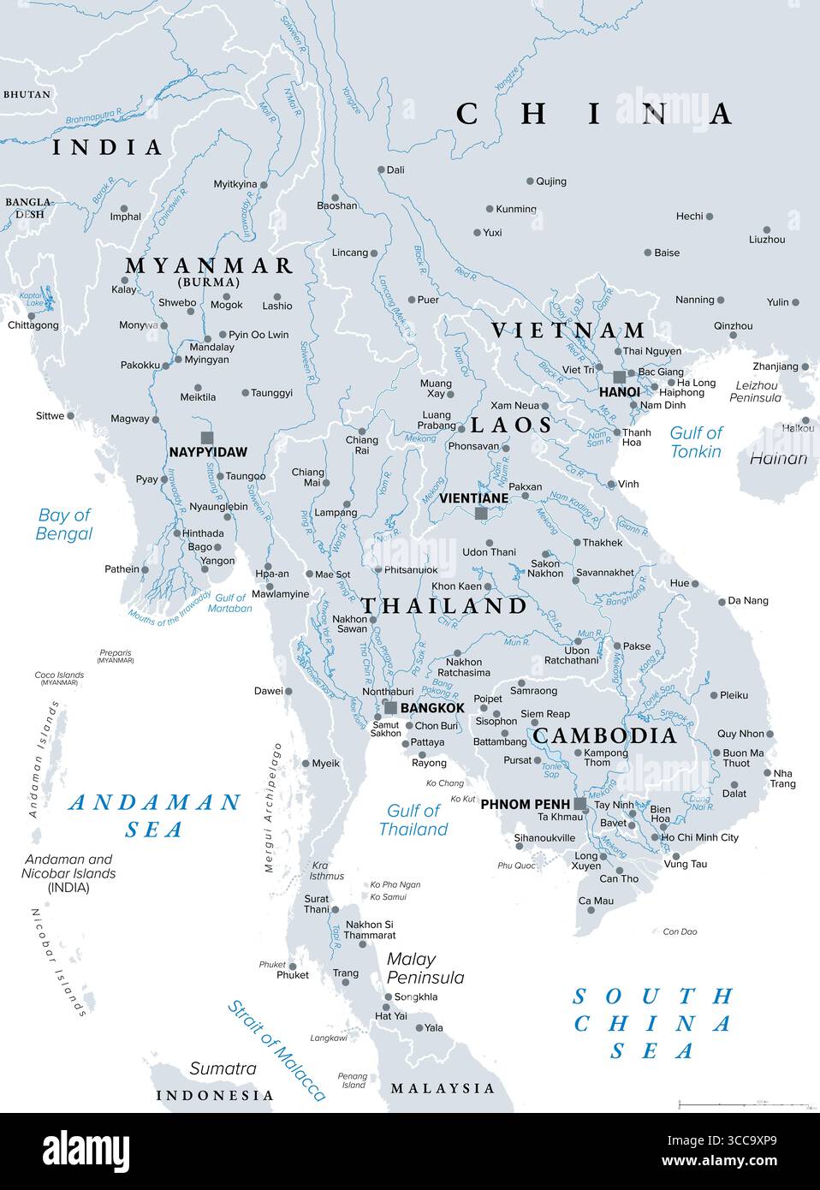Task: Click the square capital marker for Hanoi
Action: pos(619,378)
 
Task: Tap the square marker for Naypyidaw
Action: pos(206,437)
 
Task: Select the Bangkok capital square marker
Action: pos(390,707)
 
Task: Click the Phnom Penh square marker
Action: pos(580,804)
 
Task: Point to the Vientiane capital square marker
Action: pos(481,513)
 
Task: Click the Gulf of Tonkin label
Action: pos(695,442)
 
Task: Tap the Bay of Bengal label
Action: pos(64,524)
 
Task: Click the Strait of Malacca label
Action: pos(276,1050)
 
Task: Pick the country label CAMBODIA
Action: pos(604,735)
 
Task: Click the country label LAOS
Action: pos(511,425)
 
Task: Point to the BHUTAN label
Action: pos(27,94)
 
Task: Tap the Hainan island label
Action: pos(778,458)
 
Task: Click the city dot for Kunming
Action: pos(490,209)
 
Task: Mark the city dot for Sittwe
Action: pos(70,416)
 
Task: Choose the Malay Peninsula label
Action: pos(425,968)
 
